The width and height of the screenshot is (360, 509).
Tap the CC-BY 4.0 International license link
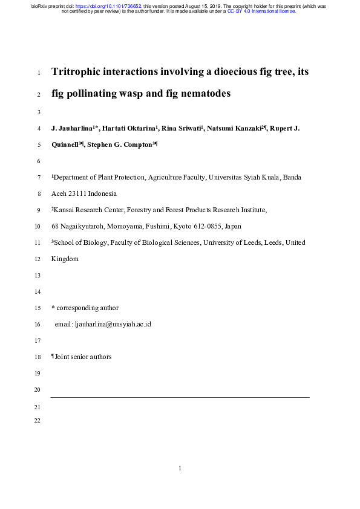point(261,11)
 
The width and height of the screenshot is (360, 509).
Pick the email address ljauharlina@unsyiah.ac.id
point(113,324)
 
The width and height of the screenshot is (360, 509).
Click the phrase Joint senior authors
point(83,357)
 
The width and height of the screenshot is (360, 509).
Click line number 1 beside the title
point(39,74)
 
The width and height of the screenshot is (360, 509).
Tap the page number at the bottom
point(180,468)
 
